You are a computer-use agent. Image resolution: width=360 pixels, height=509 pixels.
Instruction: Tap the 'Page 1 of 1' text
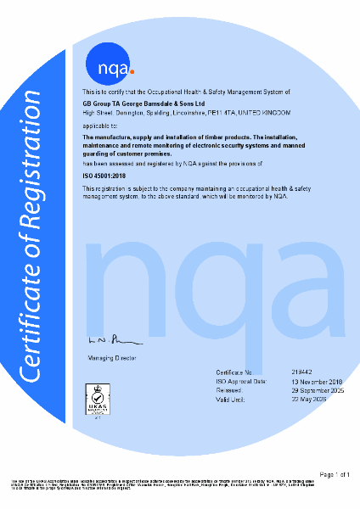click(335, 473)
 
